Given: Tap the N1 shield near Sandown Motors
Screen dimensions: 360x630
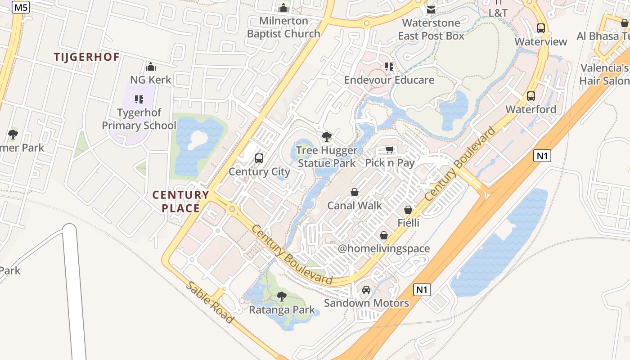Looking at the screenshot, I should [x=422, y=289].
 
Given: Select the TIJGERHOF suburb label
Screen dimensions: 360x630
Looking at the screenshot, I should [x=87, y=57].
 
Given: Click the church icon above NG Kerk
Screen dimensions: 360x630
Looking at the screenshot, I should [x=151, y=67].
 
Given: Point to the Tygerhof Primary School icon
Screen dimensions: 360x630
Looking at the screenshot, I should [x=139, y=99].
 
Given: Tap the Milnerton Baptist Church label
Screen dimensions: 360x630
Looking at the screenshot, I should [x=283, y=27].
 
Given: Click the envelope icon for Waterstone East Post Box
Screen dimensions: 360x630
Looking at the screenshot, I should [x=431, y=9].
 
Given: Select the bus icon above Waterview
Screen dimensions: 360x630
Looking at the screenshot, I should [x=541, y=28].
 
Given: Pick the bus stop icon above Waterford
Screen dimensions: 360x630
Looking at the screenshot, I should [x=531, y=96].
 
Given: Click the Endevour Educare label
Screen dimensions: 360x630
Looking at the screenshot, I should [x=389, y=80].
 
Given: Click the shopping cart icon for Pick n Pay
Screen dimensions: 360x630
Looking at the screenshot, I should [x=390, y=149].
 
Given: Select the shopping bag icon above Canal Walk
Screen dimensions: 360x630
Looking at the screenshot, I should [x=355, y=192].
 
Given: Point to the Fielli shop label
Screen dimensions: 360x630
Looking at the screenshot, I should [x=408, y=223].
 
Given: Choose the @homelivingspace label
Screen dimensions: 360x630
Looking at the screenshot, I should [x=384, y=248].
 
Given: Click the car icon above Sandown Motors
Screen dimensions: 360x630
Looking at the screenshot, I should [x=366, y=290].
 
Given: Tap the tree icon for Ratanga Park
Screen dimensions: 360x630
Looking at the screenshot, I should [x=282, y=297].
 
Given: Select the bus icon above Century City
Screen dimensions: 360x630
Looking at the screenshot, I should [x=259, y=158].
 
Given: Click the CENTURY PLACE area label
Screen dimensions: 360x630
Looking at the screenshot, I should [x=181, y=202].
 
